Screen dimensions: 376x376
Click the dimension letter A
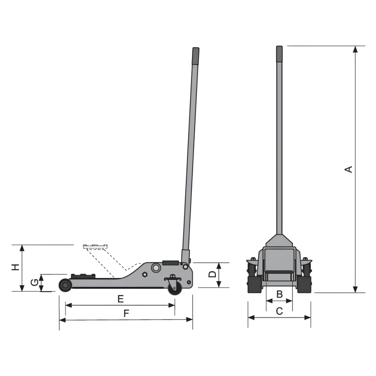tap(348, 169)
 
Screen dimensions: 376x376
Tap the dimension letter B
tap(279, 294)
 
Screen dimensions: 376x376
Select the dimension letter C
tap(279, 311)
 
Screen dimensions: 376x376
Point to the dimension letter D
tap(212, 274)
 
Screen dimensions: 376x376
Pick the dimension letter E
tap(120, 299)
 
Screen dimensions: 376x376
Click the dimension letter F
tap(126, 313)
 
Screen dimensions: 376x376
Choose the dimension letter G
tap(35, 282)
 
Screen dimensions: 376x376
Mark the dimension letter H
tap(15, 267)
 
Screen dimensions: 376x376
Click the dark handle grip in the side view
tap(196, 56)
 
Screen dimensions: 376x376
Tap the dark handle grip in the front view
tap(279, 54)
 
